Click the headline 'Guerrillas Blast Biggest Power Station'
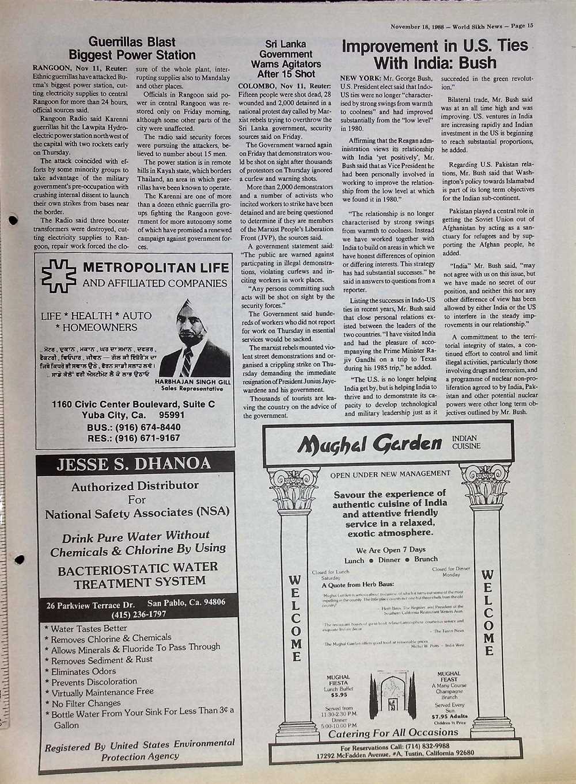[x=132, y=48]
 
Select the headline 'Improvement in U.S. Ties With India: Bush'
[x=435, y=54]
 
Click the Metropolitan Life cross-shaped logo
[x=59, y=276]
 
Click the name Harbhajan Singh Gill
[x=193, y=381]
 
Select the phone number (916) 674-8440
[x=149, y=427]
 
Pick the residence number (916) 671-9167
[x=149, y=438]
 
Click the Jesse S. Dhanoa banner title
[x=134, y=464]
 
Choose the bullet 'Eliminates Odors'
[x=84, y=671]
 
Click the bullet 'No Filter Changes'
[x=86, y=703]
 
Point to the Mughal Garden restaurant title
[x=370, y=443]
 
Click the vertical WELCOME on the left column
[x=295, y=618]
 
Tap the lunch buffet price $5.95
[x=339, y=694]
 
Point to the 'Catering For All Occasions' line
[x=393, y=733]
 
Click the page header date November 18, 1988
[x=419, y=26]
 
